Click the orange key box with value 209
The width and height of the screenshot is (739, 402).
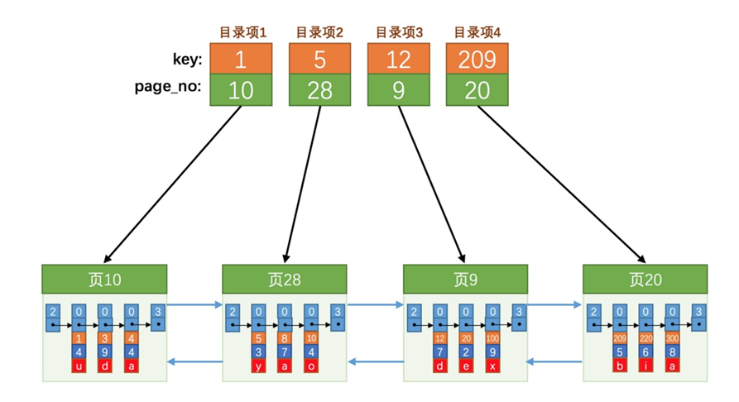point(477,59)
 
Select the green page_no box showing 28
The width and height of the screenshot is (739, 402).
point(319,90)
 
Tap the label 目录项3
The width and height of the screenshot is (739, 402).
point(399,33)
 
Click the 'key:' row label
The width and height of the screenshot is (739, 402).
point(185,60)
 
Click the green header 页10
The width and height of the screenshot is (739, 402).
point(104,279)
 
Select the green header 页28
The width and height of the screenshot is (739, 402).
point(285,279)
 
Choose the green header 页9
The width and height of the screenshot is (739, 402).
point(465,279)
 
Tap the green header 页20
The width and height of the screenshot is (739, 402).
point(645,279)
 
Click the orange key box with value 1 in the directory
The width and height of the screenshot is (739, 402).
point(241,59)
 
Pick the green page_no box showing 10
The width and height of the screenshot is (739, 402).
point(241,90)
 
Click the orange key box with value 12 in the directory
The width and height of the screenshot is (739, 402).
point(398,59)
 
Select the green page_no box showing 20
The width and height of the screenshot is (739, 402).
point(477,90)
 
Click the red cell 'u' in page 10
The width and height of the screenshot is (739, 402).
point(79,365)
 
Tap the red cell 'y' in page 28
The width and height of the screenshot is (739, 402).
point(259,365)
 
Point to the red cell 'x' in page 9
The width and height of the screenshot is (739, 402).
point(492,365)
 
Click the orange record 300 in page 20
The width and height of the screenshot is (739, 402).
point(672,338)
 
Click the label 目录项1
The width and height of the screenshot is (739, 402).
point(242,33)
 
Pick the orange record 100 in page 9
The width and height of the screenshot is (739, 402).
point(492,338)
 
